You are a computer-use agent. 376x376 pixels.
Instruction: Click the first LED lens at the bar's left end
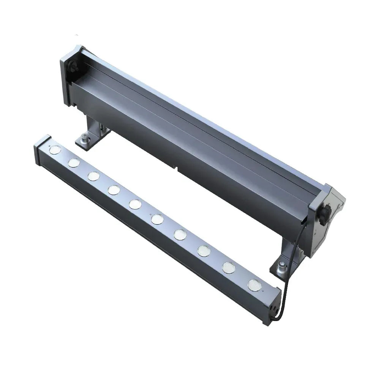point(55,150)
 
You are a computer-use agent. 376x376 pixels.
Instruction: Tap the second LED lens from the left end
point(73,163)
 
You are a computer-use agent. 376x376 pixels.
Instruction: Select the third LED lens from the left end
point(93,176)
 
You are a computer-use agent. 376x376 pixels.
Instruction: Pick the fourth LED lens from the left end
point(114,190)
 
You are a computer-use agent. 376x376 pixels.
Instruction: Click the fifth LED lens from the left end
point(135,204)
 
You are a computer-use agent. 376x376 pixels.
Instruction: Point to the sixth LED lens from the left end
point(157,219)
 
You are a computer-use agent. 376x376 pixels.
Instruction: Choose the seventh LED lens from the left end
point(180,234)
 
